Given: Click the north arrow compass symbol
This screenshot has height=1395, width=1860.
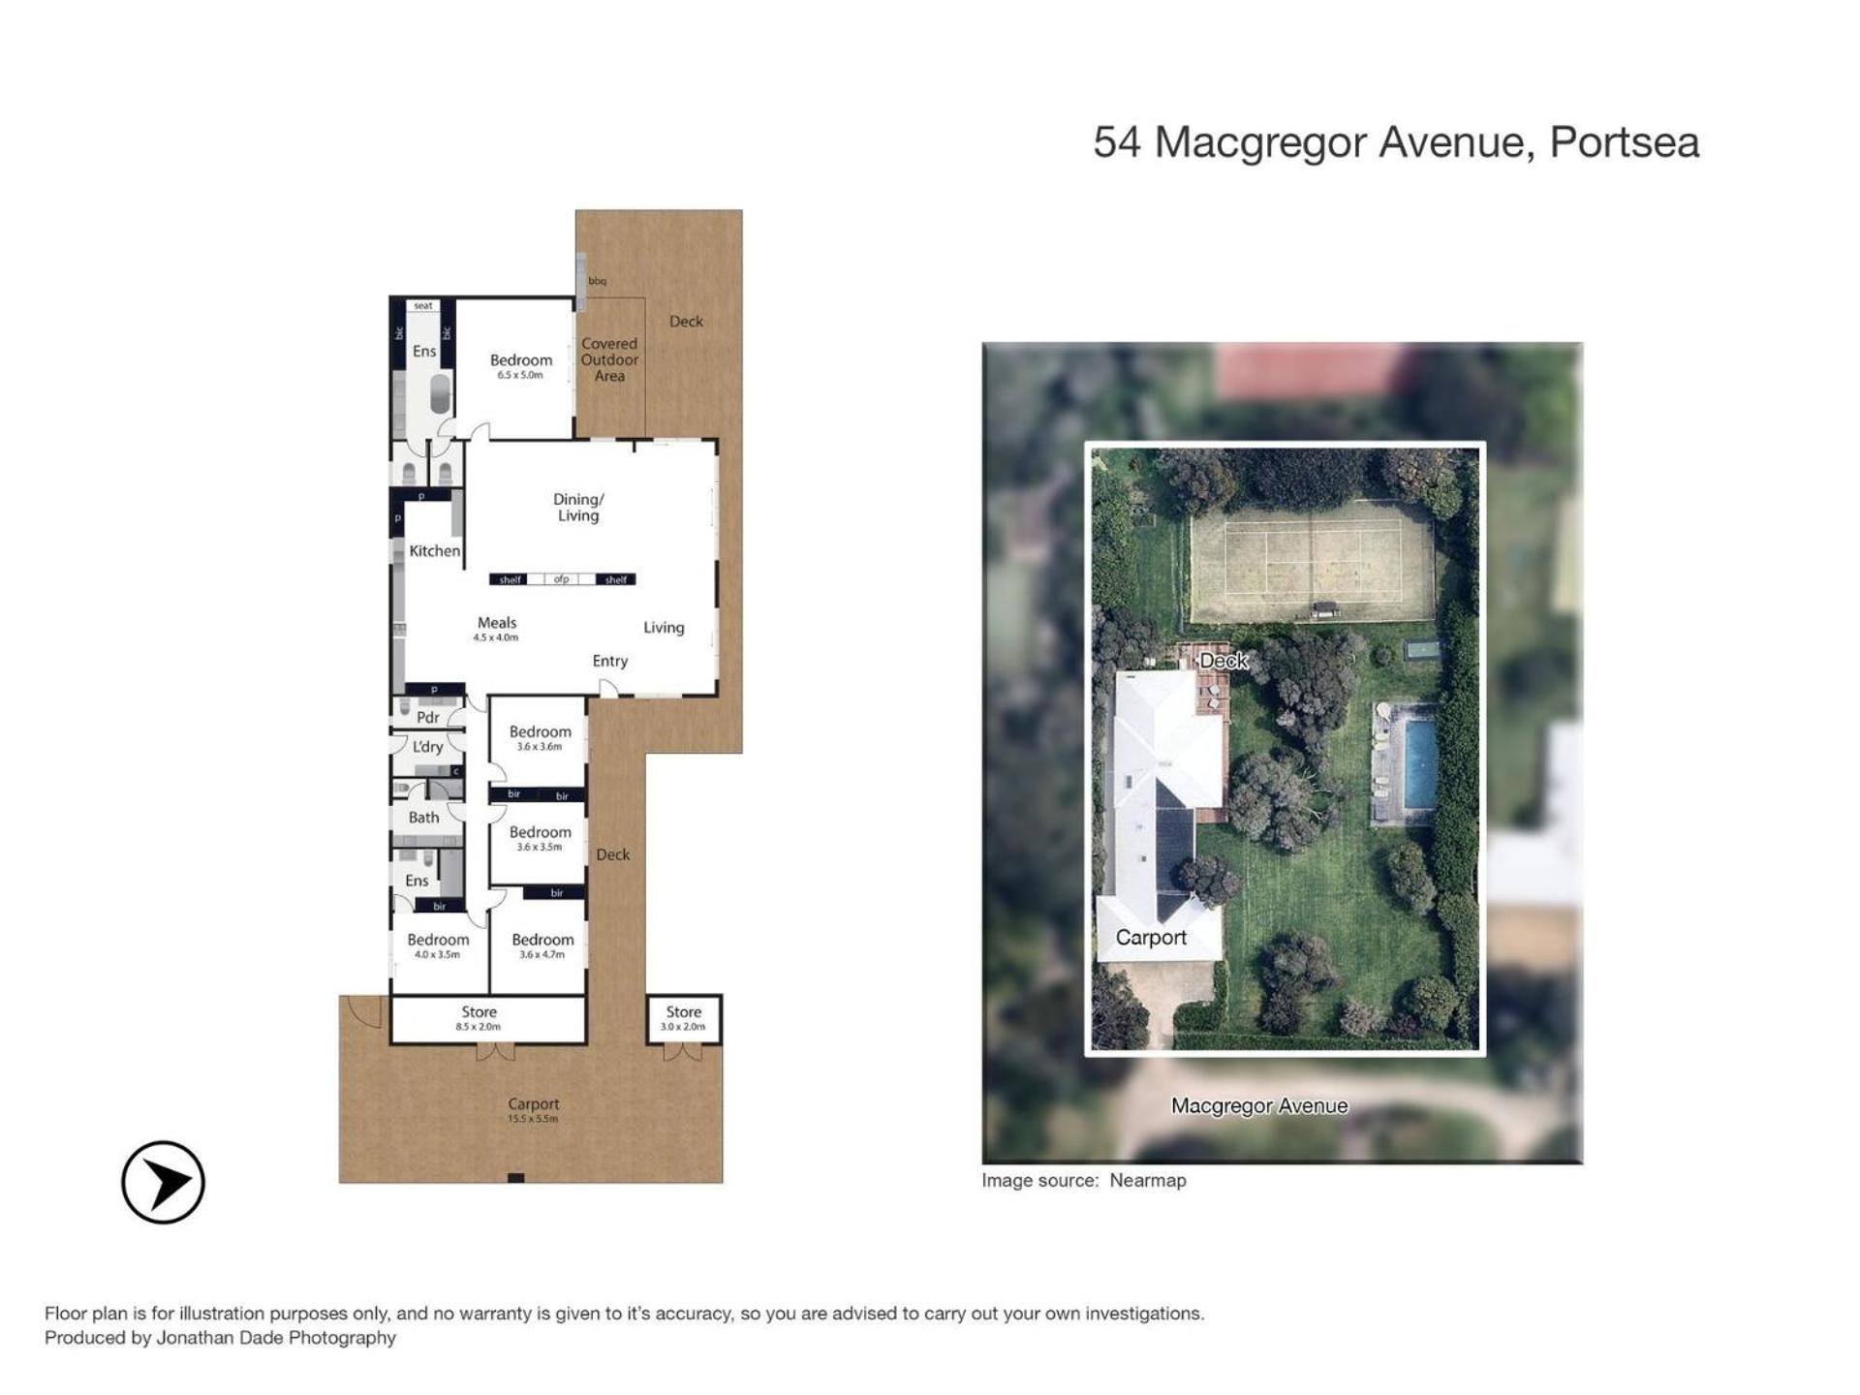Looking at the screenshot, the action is click(163, 1182).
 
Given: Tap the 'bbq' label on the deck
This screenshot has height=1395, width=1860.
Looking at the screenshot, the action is click(598, 281).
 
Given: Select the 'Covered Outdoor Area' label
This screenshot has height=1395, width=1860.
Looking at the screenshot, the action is click(609, 359).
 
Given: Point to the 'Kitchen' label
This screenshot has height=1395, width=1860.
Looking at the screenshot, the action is click(435, 551).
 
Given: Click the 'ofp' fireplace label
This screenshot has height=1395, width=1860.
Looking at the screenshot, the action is click(562, 579).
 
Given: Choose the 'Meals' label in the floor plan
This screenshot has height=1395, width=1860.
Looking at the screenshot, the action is click(497, 623).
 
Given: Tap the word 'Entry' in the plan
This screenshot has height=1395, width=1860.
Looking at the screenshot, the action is click(610, 661).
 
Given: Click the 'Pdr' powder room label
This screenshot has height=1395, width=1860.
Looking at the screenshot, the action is click(428, 718).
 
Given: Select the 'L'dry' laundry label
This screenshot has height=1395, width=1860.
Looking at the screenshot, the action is click(428, 747).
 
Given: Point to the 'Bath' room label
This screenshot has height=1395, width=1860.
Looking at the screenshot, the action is click(423, 818).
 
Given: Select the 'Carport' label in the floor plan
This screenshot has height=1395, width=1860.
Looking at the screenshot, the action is click(534, 1104).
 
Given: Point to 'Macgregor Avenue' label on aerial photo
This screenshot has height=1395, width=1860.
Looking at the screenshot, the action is click(1259, 1106).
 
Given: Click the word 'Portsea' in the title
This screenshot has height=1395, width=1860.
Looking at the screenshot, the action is click(1625, 142).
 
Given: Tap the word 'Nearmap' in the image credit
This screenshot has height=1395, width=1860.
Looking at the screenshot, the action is click(1148, 1180).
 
